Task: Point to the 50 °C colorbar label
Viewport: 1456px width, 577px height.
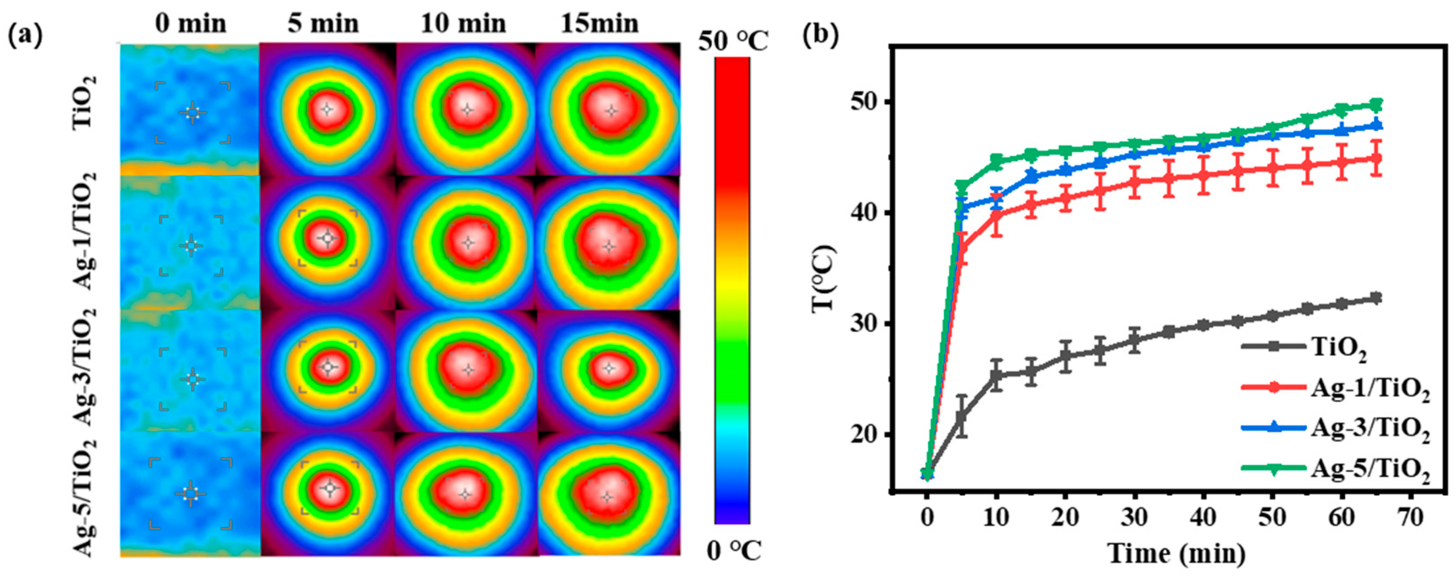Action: tap(732, 42)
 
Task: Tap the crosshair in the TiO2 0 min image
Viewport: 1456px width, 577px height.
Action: tap(193, 112)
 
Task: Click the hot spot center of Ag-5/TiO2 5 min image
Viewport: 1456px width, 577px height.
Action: tap(331, 488)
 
